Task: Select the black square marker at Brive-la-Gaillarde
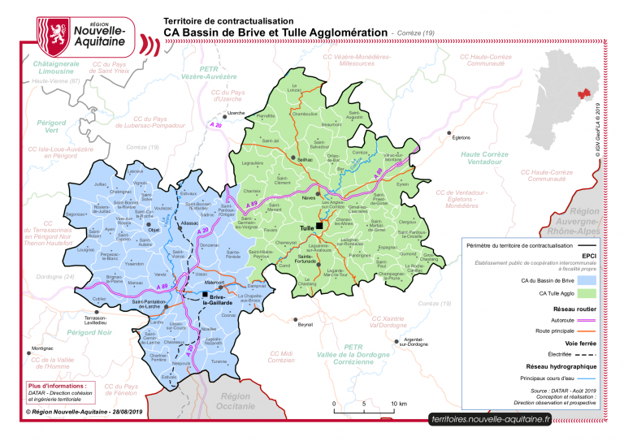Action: (x=205, y=297)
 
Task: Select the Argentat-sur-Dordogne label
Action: (x=414, y=341)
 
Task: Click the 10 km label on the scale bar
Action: (x=398, y=404)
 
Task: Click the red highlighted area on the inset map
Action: (x=583, y=95)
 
